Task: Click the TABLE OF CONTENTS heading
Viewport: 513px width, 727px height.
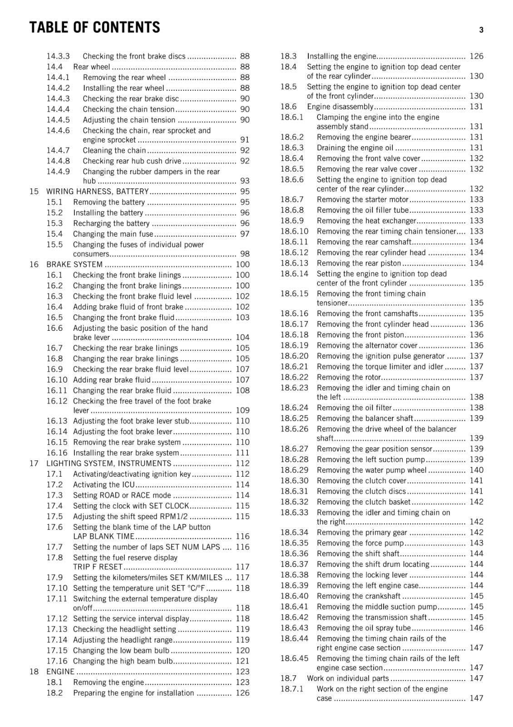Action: (94, 28)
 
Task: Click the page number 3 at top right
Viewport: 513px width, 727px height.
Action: (481, 30)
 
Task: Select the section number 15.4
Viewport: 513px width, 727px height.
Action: (54, 234)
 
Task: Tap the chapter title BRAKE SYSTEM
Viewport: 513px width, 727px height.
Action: (74, 264)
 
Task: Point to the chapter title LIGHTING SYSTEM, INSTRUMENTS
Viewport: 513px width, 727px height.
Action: (109, 463)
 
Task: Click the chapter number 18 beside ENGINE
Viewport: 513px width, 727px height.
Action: (34, 672)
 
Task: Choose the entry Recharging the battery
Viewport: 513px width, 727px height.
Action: (111, 224)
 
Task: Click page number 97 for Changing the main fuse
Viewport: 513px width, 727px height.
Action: (245, 234)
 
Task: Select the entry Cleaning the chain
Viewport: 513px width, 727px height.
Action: (114, 150)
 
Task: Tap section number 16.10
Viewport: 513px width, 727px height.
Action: (57, 380)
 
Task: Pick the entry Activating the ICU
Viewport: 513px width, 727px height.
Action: (104, 485)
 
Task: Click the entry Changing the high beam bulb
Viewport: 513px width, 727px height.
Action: (123, 661)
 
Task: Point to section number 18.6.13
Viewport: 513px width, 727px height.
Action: (294, 263)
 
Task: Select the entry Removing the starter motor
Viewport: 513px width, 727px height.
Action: (363, 199)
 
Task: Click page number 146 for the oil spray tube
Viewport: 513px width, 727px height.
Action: (476, 628)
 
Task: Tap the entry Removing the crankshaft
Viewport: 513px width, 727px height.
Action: (359, 596)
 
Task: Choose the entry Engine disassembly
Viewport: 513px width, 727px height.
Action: (340, 107)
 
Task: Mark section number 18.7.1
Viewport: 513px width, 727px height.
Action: (291, 689)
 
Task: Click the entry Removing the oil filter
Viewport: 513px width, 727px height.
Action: (354, 408)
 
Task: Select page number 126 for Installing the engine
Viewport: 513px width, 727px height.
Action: (476, 56)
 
